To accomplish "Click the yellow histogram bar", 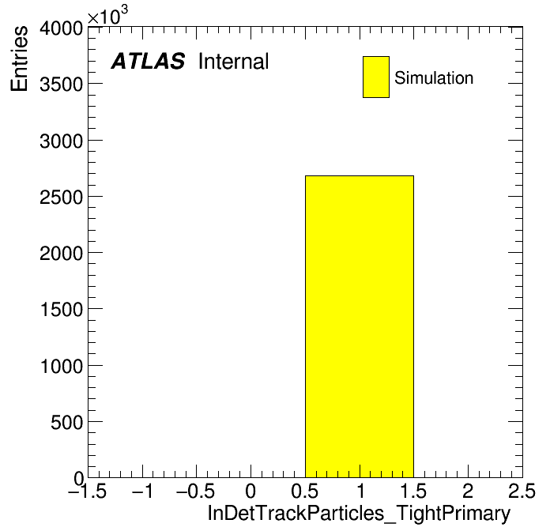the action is [x=360, y=326].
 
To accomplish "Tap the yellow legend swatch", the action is [x=376, y=77].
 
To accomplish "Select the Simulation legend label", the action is [x=434, y=77].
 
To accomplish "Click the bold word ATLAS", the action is [x=148, y=61].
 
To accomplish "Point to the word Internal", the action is [x=234, y=61].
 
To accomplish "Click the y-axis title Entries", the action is [x=19, y=58].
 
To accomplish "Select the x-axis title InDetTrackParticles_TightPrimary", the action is [x=359, y=514].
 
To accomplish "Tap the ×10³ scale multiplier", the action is [x=107, y=16].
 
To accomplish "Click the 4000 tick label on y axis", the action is [x=62, y=28].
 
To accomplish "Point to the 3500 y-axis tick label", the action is [x=62, y=85].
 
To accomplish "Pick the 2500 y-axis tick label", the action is [x=62, y=197].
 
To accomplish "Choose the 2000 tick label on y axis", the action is [x=62, y=253].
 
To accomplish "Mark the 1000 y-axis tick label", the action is [x=62, y=366].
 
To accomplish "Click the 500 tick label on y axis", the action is [x=67, y=422].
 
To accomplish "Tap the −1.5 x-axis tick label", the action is [x=88, y=491].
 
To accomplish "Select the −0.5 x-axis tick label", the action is [x=195, y=491].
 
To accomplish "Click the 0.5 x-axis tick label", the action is [x=305, y=491].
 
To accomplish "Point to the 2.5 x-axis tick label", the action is [x=522, y=491].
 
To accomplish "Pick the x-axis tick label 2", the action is [x=468, y=491].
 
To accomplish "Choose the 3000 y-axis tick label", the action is [x=62, y=141].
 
